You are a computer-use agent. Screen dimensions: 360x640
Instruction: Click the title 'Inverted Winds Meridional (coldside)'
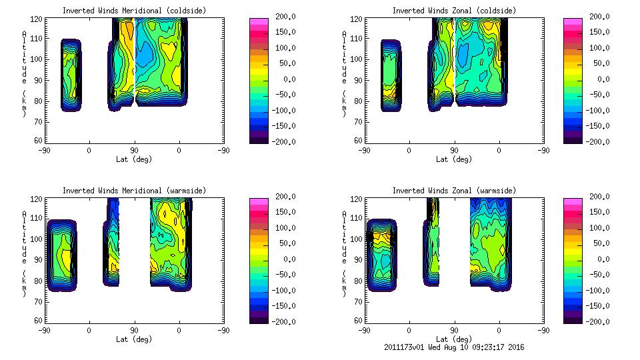134,11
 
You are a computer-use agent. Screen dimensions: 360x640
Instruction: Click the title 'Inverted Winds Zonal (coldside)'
454,11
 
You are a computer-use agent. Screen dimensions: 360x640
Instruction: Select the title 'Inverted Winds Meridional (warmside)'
134,191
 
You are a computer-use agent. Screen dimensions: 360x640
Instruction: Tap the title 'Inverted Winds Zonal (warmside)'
454,191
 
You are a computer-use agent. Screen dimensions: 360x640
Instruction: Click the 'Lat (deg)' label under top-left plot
134,159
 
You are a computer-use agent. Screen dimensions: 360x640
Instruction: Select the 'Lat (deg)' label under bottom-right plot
454,339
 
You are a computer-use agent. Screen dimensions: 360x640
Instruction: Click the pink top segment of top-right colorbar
573,22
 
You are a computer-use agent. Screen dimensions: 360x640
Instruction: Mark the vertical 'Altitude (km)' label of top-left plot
24,73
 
